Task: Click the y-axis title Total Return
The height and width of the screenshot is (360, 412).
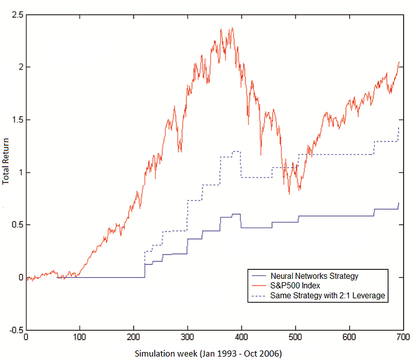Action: tap(6, 163)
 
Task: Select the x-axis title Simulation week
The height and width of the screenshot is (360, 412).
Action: tap(167, 353)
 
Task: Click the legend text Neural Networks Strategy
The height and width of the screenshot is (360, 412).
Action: tap(314, 276)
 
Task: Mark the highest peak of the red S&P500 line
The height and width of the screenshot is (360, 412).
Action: tap(232, 28)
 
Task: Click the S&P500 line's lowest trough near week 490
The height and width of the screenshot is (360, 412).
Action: tap(289, 194)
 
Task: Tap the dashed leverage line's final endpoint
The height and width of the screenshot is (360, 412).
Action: tap(398, 127)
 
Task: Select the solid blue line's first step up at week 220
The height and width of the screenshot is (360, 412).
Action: tap(145, 270)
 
